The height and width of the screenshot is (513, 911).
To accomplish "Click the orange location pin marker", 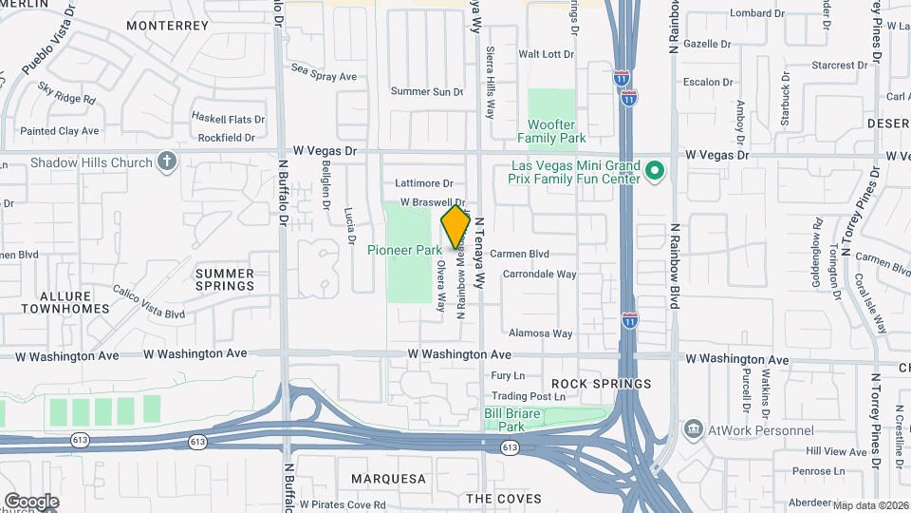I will (x=456, y=227).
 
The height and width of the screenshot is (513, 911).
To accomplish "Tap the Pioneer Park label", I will (x=404, y=251).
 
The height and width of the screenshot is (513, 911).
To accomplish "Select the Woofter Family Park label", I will (x=558, y=131).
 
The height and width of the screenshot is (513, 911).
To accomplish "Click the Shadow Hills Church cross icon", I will (x=167, y=161).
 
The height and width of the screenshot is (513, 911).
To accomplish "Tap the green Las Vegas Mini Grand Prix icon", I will (x=653, y=171).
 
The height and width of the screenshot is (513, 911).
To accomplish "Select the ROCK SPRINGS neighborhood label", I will (x=601, y=384).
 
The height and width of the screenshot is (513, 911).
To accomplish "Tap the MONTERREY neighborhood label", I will (x=167, y=26).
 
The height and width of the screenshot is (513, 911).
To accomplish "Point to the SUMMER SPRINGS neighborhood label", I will (x=225, y=279).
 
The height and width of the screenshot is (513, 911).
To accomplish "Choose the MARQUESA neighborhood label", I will (x=389, y=478).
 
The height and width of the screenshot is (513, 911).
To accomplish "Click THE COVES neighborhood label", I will (x=504, y=499).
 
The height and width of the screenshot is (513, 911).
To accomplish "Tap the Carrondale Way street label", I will (x=539, y=275).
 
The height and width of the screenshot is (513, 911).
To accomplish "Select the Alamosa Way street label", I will (x=541, y=333).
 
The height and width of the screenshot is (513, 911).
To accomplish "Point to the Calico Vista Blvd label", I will (x=148, y=302).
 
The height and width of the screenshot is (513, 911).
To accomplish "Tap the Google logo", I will (x=31, y=501).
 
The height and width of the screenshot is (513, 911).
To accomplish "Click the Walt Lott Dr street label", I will (x=547, y=54).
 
